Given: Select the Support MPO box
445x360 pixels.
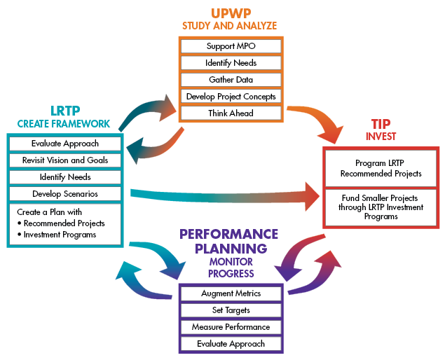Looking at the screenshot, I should pyautogui.click(x=231, y=46).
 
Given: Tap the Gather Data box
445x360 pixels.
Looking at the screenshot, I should pyautogui.click(x=231, y=79).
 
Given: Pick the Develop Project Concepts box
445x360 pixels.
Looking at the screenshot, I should pyautogui.click(x=231, y=96).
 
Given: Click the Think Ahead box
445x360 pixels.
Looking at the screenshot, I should pyautogui.click(x=231, y=113).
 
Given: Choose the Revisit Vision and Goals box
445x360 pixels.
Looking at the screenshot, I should pyautogui.click(x=64, y=160).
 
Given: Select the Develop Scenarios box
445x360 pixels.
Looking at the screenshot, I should pyautogui.click(x=64, y=194).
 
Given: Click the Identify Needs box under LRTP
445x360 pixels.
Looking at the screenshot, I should pyautogui.click(x=64, y=177).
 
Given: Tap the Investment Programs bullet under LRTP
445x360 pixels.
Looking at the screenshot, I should pyautogui.click(x=59, y=235).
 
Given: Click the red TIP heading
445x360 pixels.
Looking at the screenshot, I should pyautogui.click(x=381, y=122).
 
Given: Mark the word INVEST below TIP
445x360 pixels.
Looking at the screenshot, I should pyautogui.click(x=381, y=137).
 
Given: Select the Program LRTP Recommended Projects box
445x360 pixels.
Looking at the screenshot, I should pyautogui.click(x=381, y=169).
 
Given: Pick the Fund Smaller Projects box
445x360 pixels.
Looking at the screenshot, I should pyautogui.click(x=381, y=207).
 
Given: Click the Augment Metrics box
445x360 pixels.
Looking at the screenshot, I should pyautogui.click(x=231, y=293).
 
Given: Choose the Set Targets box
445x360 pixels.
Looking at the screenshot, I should pyautogui.click(x=231, y=310).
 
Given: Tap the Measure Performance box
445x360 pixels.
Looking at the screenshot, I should pyautogui.click(x=231, y=327).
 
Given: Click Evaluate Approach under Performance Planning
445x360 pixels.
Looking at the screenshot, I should pyautogui.click(x=231, y=344).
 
